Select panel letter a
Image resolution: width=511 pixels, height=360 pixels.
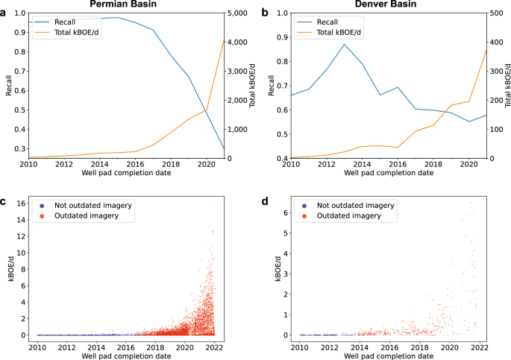point(4,13)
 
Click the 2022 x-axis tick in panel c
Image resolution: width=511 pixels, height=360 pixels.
point(214,347)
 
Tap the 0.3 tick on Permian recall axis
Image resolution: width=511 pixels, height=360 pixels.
point(23,149)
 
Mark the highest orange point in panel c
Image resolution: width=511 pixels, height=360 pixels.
point(213,202)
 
